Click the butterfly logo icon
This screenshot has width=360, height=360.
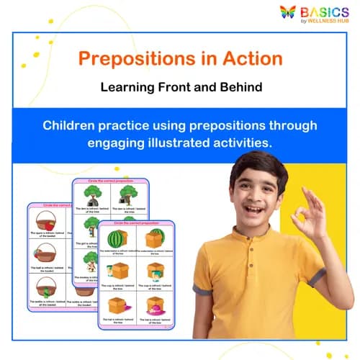289,12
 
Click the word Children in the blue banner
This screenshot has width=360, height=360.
72,125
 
